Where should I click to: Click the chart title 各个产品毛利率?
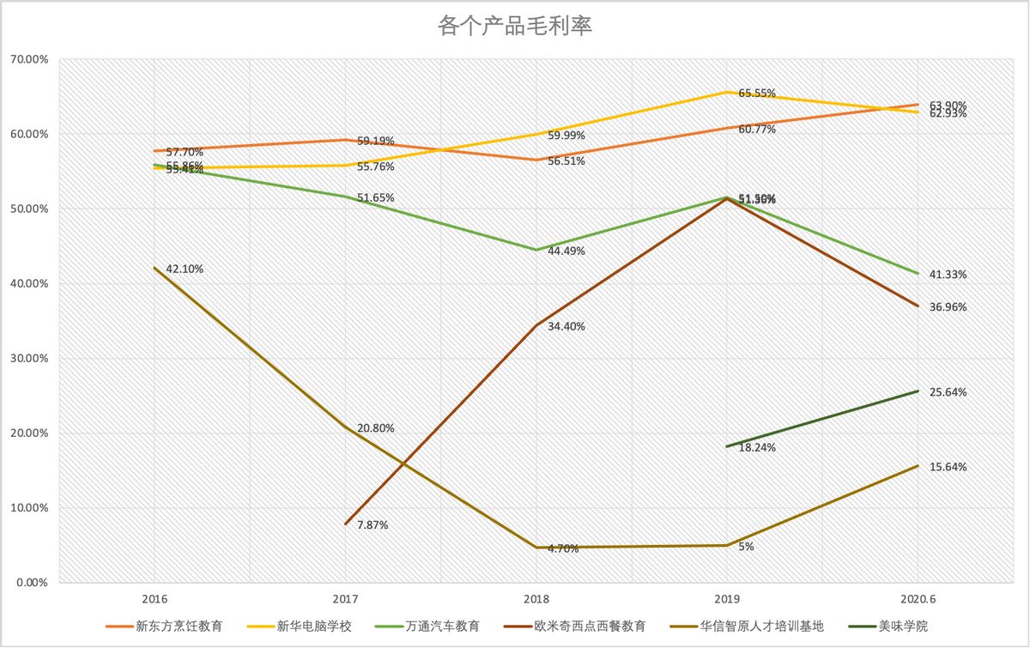point(515,26)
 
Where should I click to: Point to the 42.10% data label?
point(185,269)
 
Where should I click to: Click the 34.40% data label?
point(566,326)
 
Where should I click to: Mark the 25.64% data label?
point(948,392)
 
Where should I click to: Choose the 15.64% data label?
point(948,468)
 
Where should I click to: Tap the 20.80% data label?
point(376,428)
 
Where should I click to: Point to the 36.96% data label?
point(948,307)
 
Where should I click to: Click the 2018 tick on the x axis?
point(536,598)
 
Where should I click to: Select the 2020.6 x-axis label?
point(918,598)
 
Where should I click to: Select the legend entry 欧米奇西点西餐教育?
point(589,627)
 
